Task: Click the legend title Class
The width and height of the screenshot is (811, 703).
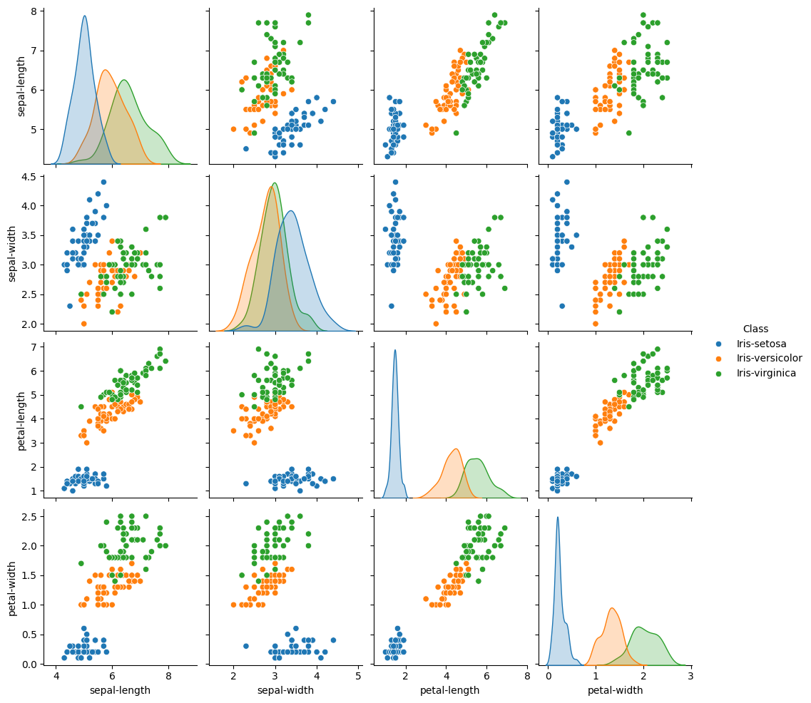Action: tap(755, 329)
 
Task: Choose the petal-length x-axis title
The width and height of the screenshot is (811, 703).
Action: tap(448, 690)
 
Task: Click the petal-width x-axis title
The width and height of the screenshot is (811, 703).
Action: tap(615, 690)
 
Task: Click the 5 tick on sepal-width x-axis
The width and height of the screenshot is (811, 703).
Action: tap(357, 675)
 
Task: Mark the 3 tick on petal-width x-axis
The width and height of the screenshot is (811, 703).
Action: tap(690, 675)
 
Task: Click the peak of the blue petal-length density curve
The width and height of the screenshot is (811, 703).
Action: tap(395, 350)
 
